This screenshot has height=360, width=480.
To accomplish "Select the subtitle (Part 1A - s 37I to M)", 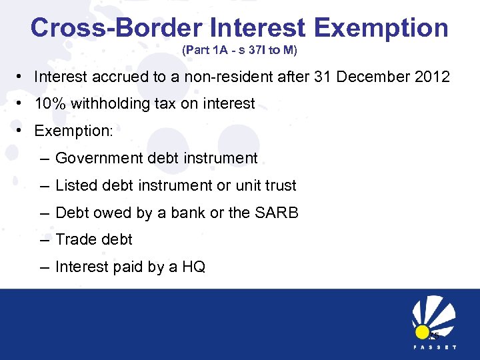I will tap(239, 50).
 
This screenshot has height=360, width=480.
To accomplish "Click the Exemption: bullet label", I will tap(73, 131).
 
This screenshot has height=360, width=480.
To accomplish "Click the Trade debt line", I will tap(94, 239).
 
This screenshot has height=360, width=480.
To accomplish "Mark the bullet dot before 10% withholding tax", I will tap(22, 104).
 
